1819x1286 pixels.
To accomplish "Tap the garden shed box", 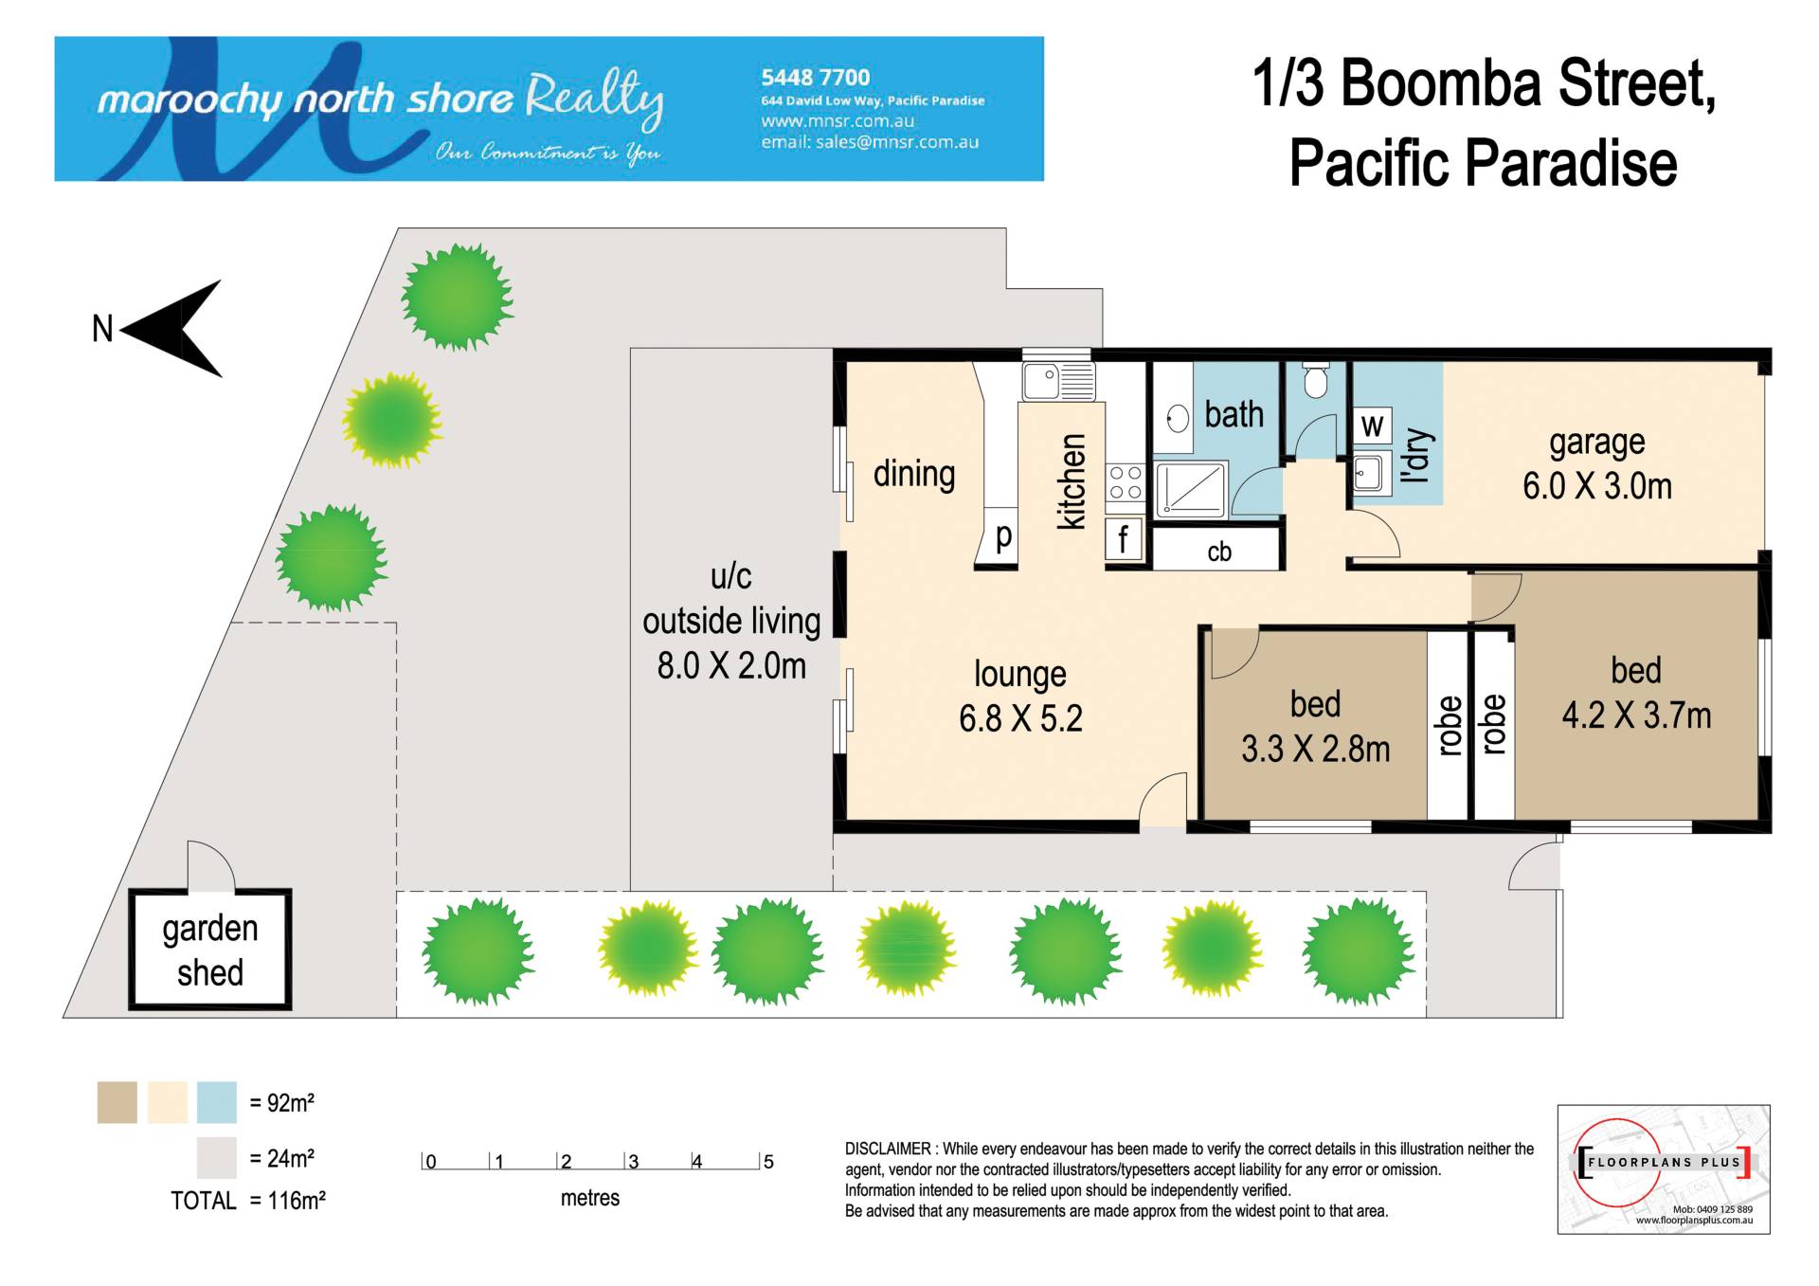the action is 210,949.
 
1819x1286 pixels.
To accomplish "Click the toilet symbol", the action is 1315,380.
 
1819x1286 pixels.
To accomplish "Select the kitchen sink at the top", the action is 1058,381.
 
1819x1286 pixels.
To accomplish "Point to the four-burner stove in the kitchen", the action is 1125,481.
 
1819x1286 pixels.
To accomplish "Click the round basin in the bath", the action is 1178,418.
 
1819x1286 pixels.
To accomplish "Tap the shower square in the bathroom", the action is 1192,488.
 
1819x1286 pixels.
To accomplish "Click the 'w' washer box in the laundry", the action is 1372,426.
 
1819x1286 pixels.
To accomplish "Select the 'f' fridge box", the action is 1124,540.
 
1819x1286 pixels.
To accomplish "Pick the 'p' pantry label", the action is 1004,536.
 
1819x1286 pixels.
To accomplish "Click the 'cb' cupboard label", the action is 1219,552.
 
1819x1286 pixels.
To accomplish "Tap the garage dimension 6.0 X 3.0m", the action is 1597,486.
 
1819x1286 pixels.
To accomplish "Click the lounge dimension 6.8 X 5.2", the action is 1020,718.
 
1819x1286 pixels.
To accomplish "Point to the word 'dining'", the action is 914,473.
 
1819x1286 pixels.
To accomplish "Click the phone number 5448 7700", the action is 815,78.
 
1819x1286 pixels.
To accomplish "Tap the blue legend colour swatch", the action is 217,1102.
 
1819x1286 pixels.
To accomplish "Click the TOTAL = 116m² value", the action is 248,1201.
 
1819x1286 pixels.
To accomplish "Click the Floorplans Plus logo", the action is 1664,1168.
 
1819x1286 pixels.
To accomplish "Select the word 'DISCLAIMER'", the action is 888,1149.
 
